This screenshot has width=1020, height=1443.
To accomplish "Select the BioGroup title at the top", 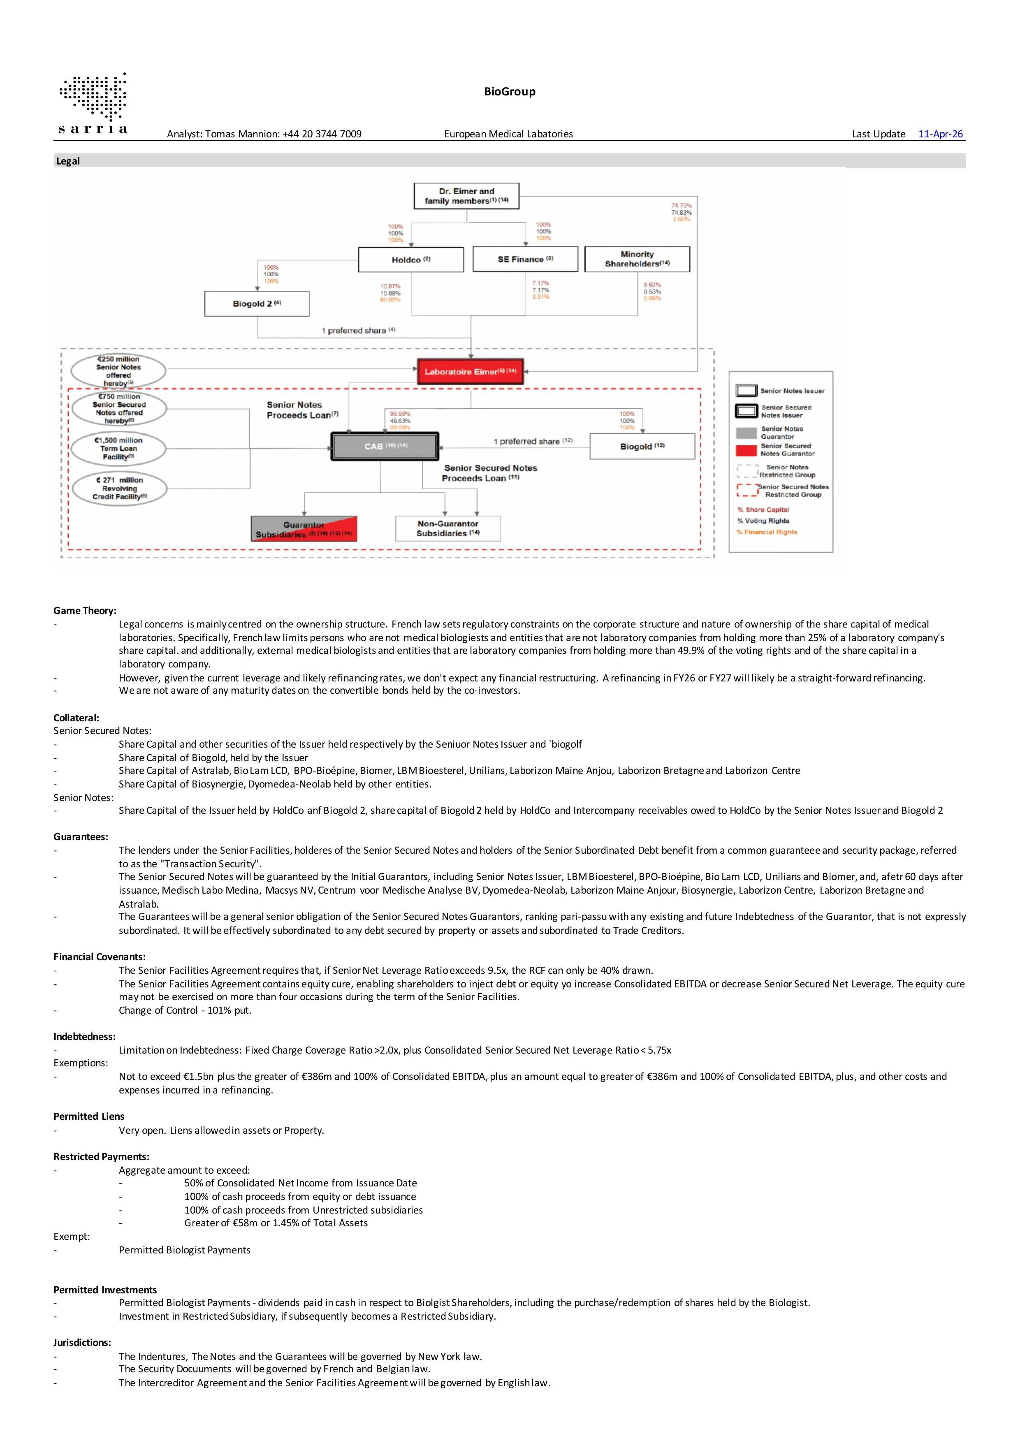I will [510, 92].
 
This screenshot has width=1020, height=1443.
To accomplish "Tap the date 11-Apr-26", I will [940, 134].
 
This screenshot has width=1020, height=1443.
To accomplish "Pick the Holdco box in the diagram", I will [410, 259].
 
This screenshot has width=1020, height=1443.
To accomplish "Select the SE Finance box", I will [525, 259].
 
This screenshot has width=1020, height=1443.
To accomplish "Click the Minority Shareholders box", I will [637, 259].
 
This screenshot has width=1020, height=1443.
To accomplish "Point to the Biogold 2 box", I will [256, 303].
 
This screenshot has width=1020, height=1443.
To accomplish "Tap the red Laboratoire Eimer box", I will [470, 371].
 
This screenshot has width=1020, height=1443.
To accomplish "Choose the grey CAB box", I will [385, 446].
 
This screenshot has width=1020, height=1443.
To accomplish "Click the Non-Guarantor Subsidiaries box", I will [447, 528].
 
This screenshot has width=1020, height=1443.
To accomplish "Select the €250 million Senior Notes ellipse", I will [118, 371].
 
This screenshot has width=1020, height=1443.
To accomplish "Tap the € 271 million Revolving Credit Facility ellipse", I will [119, 488].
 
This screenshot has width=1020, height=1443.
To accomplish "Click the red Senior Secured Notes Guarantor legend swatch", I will [746, 450].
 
